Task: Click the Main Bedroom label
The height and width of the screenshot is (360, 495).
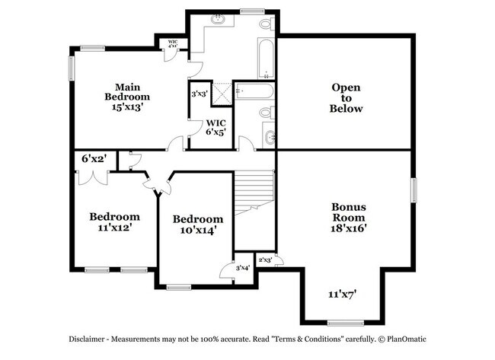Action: (127, 91)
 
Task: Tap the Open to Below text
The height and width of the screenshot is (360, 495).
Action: (346, 97)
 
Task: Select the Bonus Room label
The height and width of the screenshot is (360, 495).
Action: (349, 212)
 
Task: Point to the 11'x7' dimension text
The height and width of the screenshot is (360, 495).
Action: (343, 294)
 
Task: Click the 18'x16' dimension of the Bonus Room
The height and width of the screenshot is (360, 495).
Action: (349, 228)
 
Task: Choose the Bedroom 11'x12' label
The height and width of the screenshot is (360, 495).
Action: (114, 221)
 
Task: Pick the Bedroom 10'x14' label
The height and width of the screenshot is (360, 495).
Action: (197, 225)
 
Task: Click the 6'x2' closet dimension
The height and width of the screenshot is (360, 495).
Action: (94, 159)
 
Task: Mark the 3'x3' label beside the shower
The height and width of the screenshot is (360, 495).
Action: (200, 94)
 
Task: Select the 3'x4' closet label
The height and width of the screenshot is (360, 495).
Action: (242, 268)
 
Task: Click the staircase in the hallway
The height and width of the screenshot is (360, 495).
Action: (254, 193)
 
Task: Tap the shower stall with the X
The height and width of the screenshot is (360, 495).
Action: (221, 94)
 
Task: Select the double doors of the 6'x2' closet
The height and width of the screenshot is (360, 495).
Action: (91, 177)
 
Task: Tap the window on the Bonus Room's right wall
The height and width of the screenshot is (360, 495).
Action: (414, 190)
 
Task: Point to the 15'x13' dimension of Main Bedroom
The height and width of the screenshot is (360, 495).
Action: (127, 107)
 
